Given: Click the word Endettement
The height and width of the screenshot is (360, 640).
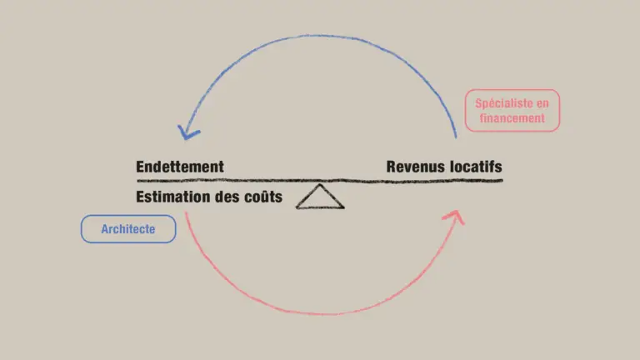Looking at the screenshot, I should (180, 167).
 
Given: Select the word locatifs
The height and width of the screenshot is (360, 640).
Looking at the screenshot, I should (476, 167).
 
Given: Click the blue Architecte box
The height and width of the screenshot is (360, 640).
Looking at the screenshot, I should (128, 229).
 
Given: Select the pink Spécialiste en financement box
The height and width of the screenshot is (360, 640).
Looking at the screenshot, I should (512, 111).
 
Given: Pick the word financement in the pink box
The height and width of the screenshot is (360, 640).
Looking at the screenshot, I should (512, 118).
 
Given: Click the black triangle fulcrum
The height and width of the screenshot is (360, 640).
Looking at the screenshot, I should (320, 197).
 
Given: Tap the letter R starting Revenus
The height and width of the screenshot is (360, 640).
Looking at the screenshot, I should (392, 167).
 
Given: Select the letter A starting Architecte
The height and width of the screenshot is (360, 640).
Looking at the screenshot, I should (105, 229).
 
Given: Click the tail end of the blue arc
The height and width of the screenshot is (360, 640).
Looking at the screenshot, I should (456, 137).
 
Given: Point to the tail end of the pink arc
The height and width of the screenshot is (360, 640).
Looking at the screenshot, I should (186, 213).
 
